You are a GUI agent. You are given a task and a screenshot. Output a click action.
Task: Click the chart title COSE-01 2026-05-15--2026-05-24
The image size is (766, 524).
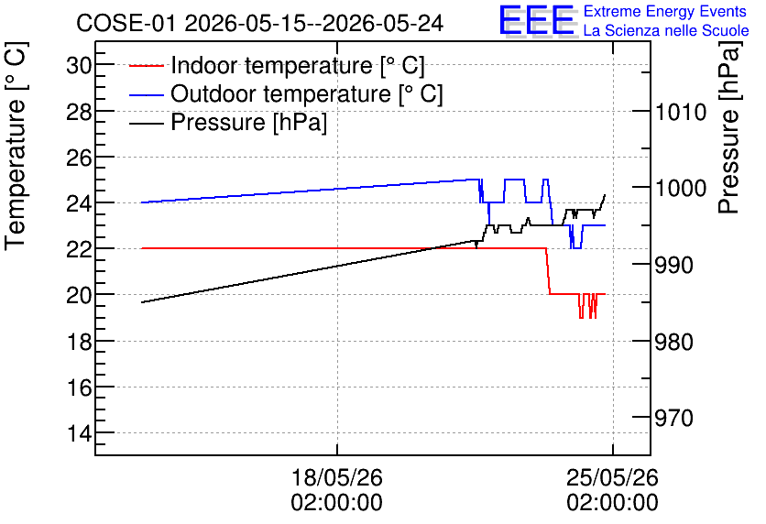click(x=260, y=23)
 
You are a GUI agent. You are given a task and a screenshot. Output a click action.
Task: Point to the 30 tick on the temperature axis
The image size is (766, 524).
click(x=79, y=64)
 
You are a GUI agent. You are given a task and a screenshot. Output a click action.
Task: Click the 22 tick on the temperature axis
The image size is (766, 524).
click(x=79, y=248)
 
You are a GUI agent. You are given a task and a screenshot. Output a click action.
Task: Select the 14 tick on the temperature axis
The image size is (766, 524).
click(x=79, y=432)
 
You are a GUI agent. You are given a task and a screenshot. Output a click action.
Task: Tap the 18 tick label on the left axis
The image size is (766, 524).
click(x=79, y=341)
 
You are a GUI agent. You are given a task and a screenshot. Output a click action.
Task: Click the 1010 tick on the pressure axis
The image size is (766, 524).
click(x=681, y=112)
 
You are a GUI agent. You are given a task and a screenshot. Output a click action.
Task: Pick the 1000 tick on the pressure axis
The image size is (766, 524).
click(x=681, y=188)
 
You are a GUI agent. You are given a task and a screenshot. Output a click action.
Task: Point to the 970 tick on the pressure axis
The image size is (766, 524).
click(x=673, y=418)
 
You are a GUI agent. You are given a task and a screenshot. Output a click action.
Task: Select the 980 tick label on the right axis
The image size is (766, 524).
click(x=673, y=342)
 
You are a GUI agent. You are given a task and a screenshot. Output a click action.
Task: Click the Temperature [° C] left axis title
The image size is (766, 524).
click(x=16, y=147)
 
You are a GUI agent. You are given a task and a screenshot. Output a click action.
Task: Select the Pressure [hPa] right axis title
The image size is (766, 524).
click(x=729, y=127)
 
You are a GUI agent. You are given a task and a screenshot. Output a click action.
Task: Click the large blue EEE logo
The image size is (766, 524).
click(x=537, y=20)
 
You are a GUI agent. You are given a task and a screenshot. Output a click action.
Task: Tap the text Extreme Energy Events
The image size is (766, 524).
click(x=665, y=11)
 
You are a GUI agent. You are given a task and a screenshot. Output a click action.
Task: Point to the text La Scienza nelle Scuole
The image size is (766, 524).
click(x=666, y=30)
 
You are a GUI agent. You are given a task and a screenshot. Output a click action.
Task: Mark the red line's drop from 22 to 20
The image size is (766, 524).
click(x=548, y=271)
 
